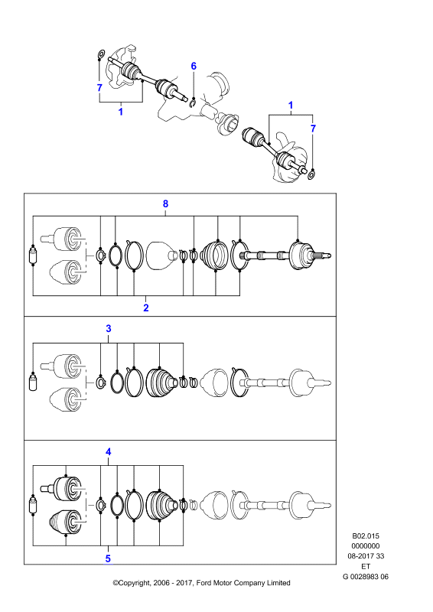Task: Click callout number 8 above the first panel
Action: tap(165, 203)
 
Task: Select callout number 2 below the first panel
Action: tap(146, 308)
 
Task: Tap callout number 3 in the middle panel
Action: tap(109, 329)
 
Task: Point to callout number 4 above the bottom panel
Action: tap(108, 452)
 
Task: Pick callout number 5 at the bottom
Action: tap(108, 559)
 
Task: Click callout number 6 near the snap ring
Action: tap(194, 67)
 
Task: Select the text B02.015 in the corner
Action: tap(366, 536)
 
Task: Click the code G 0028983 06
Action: tap(366, 577)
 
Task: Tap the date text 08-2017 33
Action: tap(366, 556)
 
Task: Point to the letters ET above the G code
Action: tap(366, 566)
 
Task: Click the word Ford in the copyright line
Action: tap(203, 583)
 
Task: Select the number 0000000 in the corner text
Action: tap(366, 546)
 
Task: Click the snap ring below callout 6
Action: tap(193, 103)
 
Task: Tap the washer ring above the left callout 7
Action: tap(100, 54)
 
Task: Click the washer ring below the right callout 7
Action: tap(311, 174)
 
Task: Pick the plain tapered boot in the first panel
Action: tap(161, 256)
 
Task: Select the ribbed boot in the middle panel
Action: tap(161, 382)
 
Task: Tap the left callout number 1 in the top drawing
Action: tap(121, 112)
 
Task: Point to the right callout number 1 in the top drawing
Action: tap(291, 106)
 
